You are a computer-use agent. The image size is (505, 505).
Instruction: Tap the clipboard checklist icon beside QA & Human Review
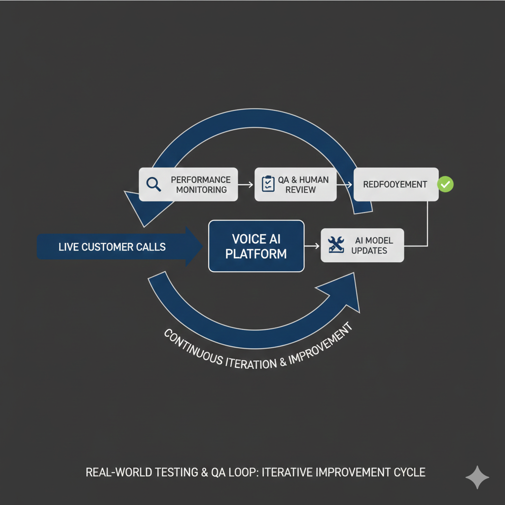point(268,184)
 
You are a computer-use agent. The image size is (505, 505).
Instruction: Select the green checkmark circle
point(446,184)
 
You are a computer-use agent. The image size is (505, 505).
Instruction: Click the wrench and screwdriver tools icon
point(337,245)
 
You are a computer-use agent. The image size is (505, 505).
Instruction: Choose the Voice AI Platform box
point(256,246)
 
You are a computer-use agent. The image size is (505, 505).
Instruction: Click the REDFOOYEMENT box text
point(395,184)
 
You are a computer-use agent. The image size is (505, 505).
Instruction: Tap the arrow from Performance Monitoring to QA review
point(246,184)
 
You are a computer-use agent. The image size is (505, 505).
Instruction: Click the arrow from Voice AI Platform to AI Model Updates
point(312,245)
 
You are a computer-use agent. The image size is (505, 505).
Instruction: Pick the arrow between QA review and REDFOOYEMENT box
point(345,184)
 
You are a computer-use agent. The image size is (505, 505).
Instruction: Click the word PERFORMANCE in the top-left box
point(200,180)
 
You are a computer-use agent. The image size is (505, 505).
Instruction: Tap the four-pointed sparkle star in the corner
point(477,477)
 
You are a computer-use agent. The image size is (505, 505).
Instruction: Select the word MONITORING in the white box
point(201,190)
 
